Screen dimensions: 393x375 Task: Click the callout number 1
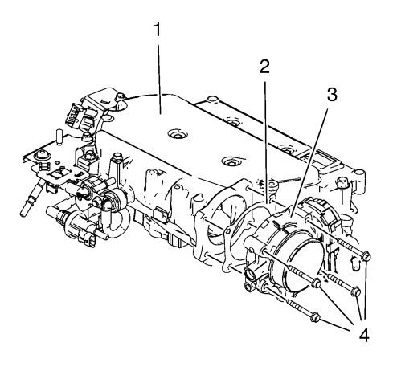(158, 30)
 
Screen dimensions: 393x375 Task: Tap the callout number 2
(264, 67)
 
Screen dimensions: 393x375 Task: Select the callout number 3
(332, 95)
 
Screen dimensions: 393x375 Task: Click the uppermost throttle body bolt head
(366, 256)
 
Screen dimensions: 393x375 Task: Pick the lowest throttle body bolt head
(315, 317)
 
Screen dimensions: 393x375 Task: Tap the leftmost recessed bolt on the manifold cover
(178, 134)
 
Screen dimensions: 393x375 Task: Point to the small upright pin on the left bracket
(59, 137)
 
